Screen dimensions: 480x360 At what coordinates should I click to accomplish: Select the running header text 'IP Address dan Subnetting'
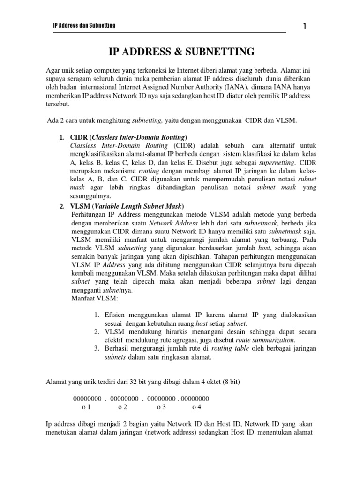pyautogui.click(x=84, y=25)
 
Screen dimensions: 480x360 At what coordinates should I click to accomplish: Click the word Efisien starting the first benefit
pyautogui.click(x=115, y=315)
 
